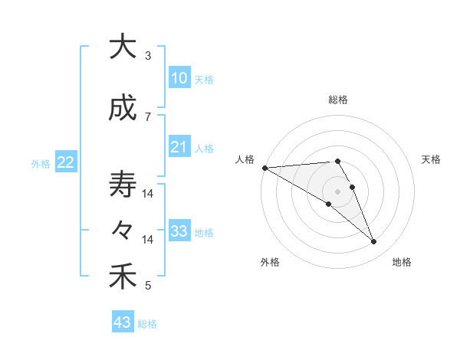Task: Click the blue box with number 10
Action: (179, 78)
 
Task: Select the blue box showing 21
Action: (179, 147)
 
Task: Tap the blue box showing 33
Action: (179, 231)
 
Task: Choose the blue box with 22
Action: (65, 162)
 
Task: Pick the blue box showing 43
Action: (123, 322)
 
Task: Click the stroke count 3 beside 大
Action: (147, 56)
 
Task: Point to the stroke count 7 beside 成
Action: (147, 116)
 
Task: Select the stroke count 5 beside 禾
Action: (147, 286)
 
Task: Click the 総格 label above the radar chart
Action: (337, 100)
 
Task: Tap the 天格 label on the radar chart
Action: (432, 159)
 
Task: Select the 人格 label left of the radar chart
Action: (245, 159)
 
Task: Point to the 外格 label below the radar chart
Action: (270, 262)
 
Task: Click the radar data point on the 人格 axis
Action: (264, 168)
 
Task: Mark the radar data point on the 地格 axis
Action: (373, 242)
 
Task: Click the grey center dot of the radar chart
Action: (337, 191)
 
